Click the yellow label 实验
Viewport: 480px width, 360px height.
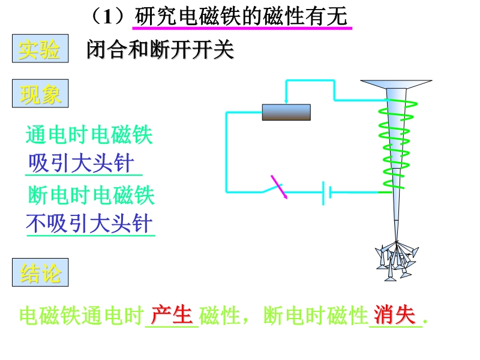[40, 50]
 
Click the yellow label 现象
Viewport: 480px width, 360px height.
[40, 95]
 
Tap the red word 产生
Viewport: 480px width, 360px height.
[172, 314]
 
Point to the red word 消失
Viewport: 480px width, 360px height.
[395, 314]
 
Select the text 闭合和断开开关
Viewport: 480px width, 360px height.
[160, 50]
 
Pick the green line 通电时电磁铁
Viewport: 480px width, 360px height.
[89, 135]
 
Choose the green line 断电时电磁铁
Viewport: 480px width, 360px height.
[91, 196]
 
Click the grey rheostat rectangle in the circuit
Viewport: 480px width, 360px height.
[286, 112]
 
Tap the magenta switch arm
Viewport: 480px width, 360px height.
[279, 186]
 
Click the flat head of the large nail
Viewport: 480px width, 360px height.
[396, 84]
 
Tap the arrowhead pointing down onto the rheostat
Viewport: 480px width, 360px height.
[287, 100]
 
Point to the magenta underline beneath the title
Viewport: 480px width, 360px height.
[240, 27]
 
